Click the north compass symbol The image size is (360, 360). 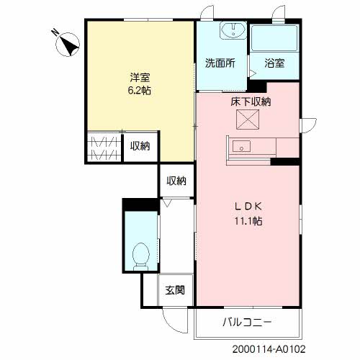click(x=68, y=44)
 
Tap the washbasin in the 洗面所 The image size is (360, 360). click(x=233, y=30)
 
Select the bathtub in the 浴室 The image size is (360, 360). click(x=274, y=38)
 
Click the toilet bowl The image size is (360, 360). click(x=141, y=256)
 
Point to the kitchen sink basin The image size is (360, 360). click(x=242, y=146)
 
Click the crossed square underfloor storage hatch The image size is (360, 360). click(x=248, y=120)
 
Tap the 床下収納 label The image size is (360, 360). click(x=251, y=102)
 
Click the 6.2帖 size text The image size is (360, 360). click(x=140, y=91)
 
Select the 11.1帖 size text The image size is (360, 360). click(x=248, y=221)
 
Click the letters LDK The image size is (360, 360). click(x=248, y=207)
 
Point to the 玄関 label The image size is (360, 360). click(x=175, y=290)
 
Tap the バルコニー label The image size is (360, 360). click(x=247, y=322)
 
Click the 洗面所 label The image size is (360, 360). click(x=220, y=63)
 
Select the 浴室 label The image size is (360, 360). click(x=274, y=63)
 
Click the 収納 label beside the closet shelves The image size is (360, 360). click(x=140, y=146)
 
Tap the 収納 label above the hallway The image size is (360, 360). click(x=176, y=181)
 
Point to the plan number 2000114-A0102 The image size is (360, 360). click(x=269, y=349)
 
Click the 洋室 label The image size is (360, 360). click(x=140, y=77)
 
